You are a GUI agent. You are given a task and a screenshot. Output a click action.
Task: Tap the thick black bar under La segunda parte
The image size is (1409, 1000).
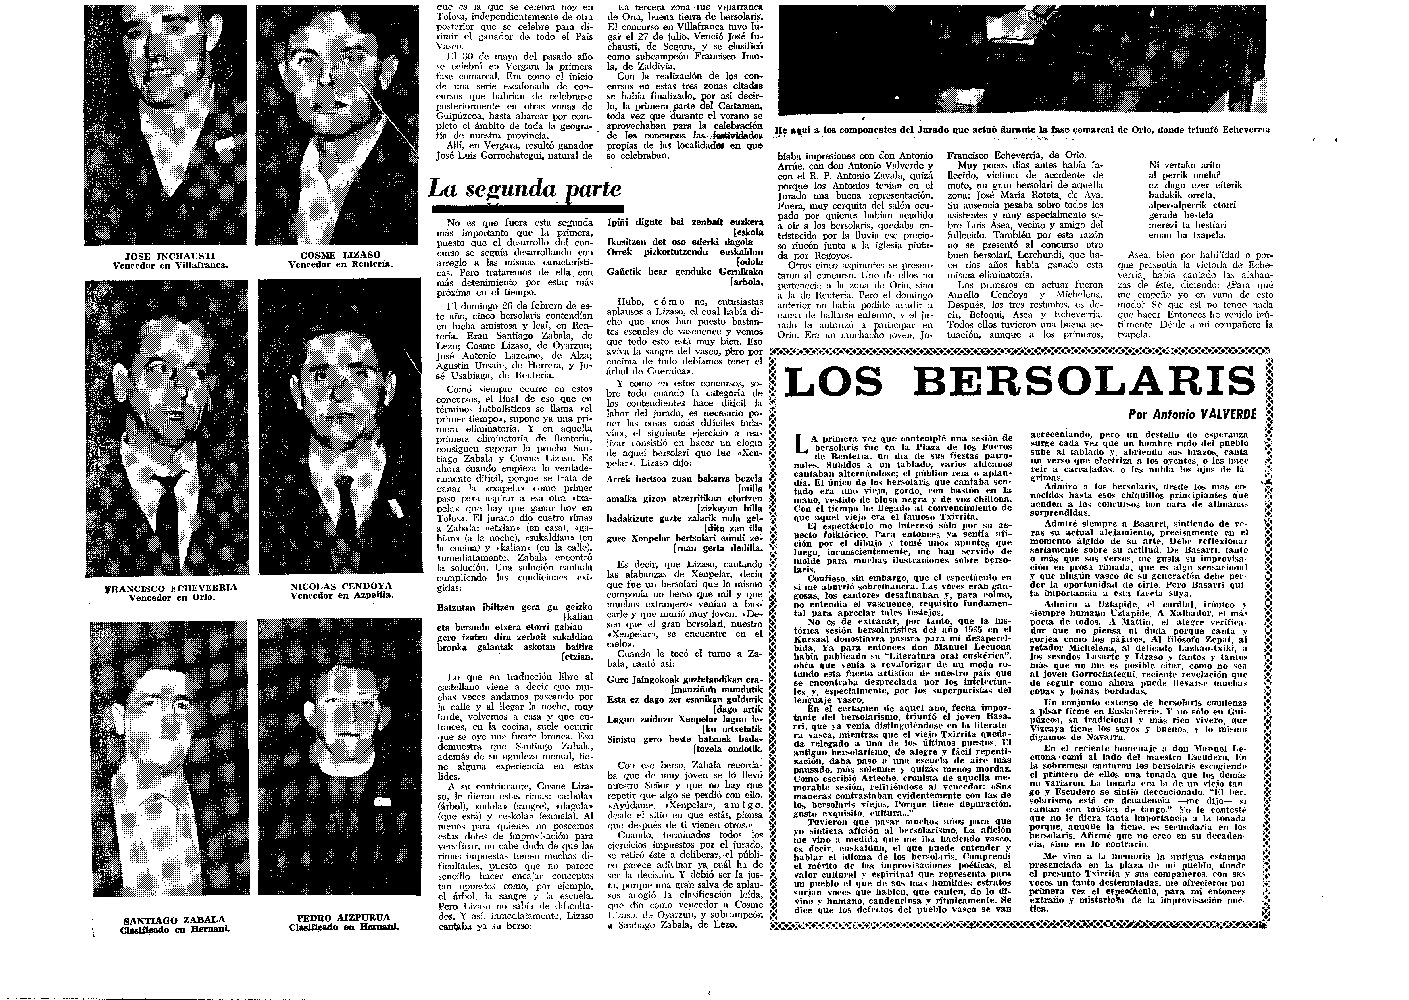tap(526, 208)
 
